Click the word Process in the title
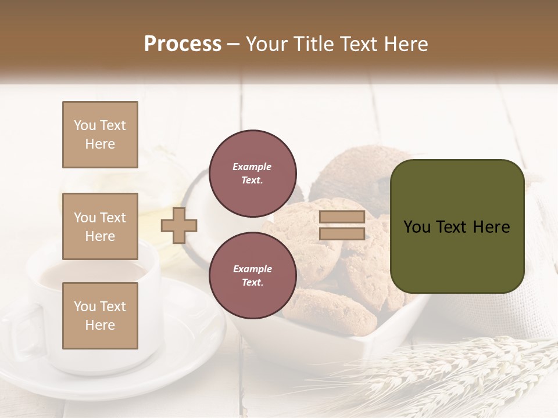(183, 44)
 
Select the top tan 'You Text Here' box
(100, 135)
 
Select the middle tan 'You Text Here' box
(100, 226)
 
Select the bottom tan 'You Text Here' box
(100, 315)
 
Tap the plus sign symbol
(179, 225)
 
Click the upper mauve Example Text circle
(253, 174)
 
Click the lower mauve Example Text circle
(253, 276)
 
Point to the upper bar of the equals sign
(342, 217)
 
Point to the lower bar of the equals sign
(342, 234)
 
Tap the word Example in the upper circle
(252, 167)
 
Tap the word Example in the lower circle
(252, 269)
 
